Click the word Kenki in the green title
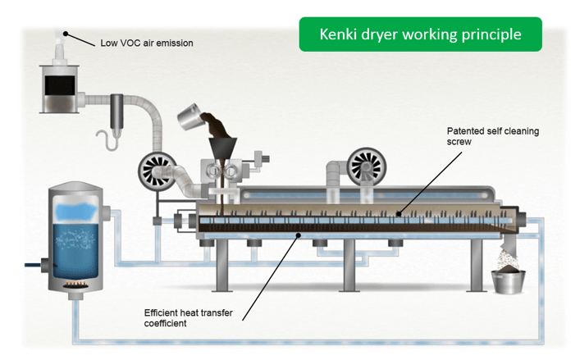point(339,34)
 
